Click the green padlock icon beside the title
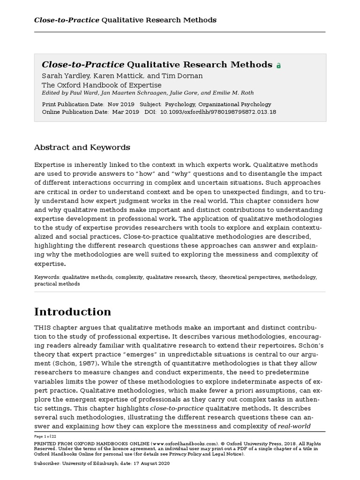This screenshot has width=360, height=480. [x=278, y=66]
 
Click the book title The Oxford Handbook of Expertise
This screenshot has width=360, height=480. [x=102, y=85]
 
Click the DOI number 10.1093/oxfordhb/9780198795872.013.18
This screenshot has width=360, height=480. [x=218, y=112]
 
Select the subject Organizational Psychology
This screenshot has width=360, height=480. [x=234, y=104]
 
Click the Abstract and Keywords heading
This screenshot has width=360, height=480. [x=82, y=147]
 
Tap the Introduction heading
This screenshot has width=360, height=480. [x=73, y=312]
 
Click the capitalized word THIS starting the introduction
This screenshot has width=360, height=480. [x=43, y=326]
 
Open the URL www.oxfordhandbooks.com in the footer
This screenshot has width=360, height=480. [x=178, y=443]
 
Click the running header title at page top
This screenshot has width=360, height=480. [x=125, y=20]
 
